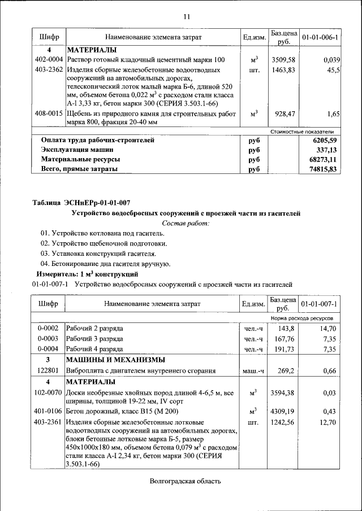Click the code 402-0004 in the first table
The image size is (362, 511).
(x=49, y=60)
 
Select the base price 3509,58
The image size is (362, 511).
(x=284, y=60)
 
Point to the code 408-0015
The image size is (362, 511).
(x=49, y=114)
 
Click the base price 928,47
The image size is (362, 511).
(x=284, y=114)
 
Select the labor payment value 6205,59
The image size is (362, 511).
(x=322, y=140)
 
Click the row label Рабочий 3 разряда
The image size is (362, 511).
(x=95, y=338)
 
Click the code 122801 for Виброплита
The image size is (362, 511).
(x=49, y=371)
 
